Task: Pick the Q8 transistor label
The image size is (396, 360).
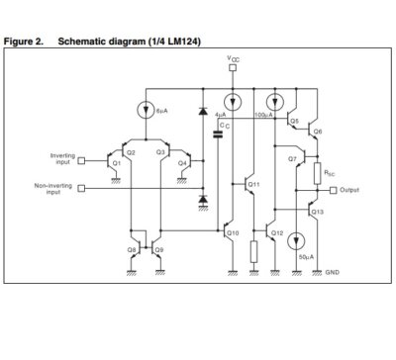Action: (132, 250)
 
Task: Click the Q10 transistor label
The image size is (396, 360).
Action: (233, 232)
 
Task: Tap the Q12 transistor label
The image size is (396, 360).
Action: (277, 232)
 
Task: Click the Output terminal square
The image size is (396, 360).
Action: (333, 190)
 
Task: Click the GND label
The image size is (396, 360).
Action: (334, 271)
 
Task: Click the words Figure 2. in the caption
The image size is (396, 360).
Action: (25, 43)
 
